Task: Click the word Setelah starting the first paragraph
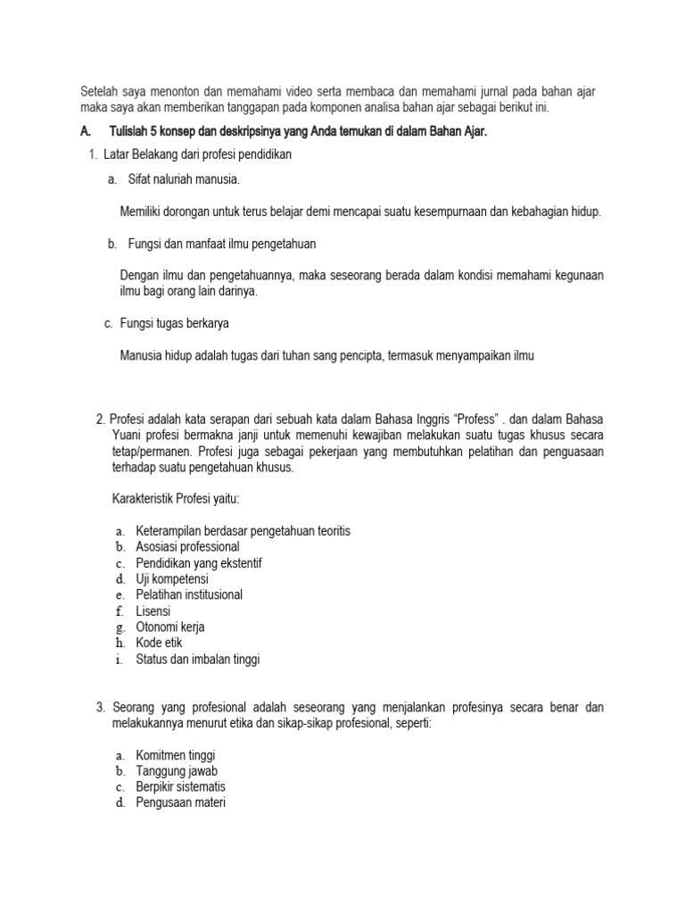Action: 99,93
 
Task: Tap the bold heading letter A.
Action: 86,132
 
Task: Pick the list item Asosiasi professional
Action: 187,546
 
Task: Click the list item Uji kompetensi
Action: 172,578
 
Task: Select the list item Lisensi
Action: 153,611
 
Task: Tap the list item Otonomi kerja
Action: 170,627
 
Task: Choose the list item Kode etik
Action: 159,643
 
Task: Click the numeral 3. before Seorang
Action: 101,708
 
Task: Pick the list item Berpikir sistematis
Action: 181,786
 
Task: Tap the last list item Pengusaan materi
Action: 181,802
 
